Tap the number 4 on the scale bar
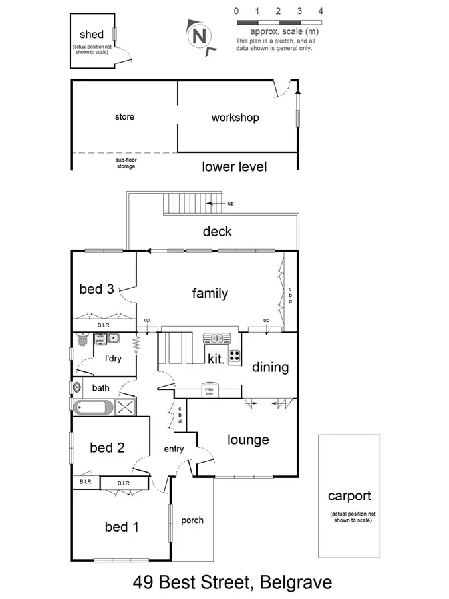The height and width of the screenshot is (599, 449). (321, 11)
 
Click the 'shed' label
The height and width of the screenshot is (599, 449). (92, 35)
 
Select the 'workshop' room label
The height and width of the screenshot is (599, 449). (235, 118)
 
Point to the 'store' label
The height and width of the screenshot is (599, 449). (124, 117)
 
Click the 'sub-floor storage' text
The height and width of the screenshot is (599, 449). (125, 163)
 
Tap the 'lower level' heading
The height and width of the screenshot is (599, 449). (234, 167)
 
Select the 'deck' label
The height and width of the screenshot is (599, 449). (217, 232)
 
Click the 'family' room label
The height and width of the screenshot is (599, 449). (210, 293)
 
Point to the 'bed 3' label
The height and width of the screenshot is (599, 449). (97, 289)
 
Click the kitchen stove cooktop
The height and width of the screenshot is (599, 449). (234, 355)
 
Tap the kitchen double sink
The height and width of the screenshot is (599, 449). (216, 338)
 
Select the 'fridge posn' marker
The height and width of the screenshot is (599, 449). (212, 387)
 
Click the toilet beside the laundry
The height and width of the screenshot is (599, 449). (81, 339)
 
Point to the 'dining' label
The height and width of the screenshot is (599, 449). (270, 367)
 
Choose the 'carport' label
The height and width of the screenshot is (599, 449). (349, 495)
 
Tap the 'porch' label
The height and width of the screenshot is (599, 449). (192, 520)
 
